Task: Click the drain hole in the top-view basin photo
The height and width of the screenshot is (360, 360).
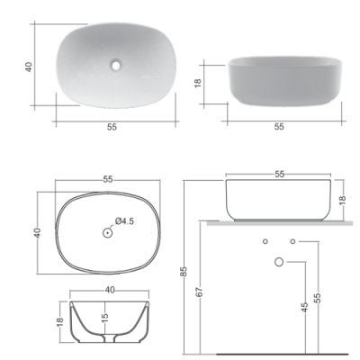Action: (x=115, y=65)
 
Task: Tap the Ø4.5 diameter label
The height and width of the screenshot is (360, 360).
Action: (x=124, y=221)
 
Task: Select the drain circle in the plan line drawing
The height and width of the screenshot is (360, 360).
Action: (x=107, y=233)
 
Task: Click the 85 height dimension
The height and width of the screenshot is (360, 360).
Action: (x=184, y=271)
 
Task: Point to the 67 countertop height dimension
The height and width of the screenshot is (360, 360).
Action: (x=201, y=292)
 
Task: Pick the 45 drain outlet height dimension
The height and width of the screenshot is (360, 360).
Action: (x=304, y=307)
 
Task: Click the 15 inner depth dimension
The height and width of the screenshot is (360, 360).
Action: (x=104, y=317)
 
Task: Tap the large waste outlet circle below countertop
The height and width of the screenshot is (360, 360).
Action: (x=279, y=262)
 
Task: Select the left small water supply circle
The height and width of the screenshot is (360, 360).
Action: (x=265, y=241)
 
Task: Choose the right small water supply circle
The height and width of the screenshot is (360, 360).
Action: (x=292, y=241)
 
